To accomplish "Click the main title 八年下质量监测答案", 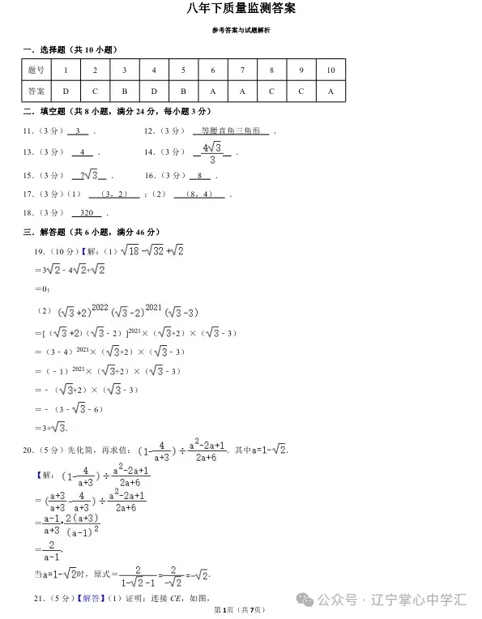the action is (241, 9).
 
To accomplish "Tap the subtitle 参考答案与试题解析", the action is (241, 31).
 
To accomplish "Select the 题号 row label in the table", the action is (36, 70).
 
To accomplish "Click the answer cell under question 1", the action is (66, 92).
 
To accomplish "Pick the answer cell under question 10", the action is (331, 92).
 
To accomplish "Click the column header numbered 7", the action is (242, 70).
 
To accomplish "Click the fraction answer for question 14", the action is (212, 152).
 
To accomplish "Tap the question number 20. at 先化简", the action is (28, 450).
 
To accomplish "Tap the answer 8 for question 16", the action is (198, 175).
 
